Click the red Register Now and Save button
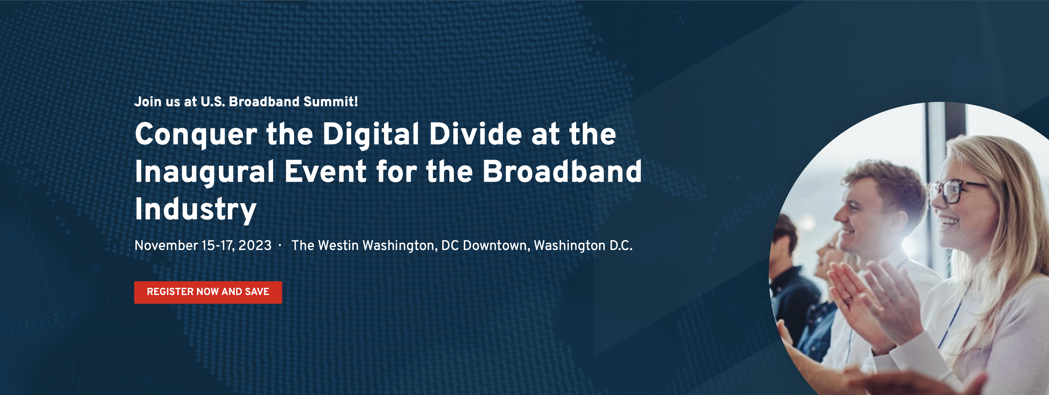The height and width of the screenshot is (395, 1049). click(208, 292)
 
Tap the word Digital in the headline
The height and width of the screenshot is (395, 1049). click(371, 135)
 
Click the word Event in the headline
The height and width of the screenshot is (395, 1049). click(326, 171)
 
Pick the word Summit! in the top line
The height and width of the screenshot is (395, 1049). click(331, 101)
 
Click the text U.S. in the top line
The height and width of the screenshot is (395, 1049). click(213, 101)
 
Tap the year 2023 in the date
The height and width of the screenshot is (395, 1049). click(255, 245)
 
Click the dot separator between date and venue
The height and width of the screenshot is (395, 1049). click(280, 245)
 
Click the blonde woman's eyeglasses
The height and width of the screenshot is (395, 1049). click(955, 191)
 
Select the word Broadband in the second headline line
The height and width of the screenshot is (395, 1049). click(562, 171)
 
